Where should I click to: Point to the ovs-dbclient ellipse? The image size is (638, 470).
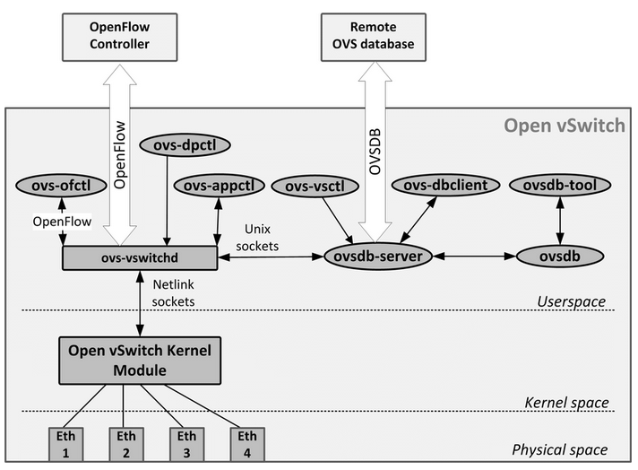438,186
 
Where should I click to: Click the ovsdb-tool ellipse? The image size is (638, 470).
560,185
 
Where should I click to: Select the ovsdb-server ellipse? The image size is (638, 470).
378,257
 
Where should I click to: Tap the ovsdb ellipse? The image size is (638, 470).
561,257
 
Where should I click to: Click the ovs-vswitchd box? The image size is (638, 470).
139,257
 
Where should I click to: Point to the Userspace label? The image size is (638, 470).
571,301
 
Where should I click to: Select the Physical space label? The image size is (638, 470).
559,449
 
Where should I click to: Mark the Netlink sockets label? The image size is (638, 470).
175,292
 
